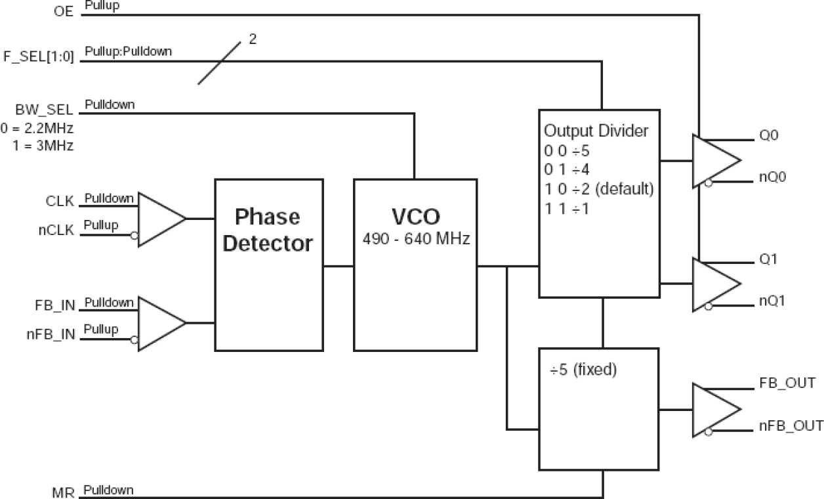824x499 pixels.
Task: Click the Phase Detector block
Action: (x=269, y=265)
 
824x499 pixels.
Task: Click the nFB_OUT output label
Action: (x=791, y=426)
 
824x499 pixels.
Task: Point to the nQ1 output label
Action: (x=773, y=301)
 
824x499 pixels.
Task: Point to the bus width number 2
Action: (x=252, y=39)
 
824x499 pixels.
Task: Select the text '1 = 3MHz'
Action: (x=43, y=146)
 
